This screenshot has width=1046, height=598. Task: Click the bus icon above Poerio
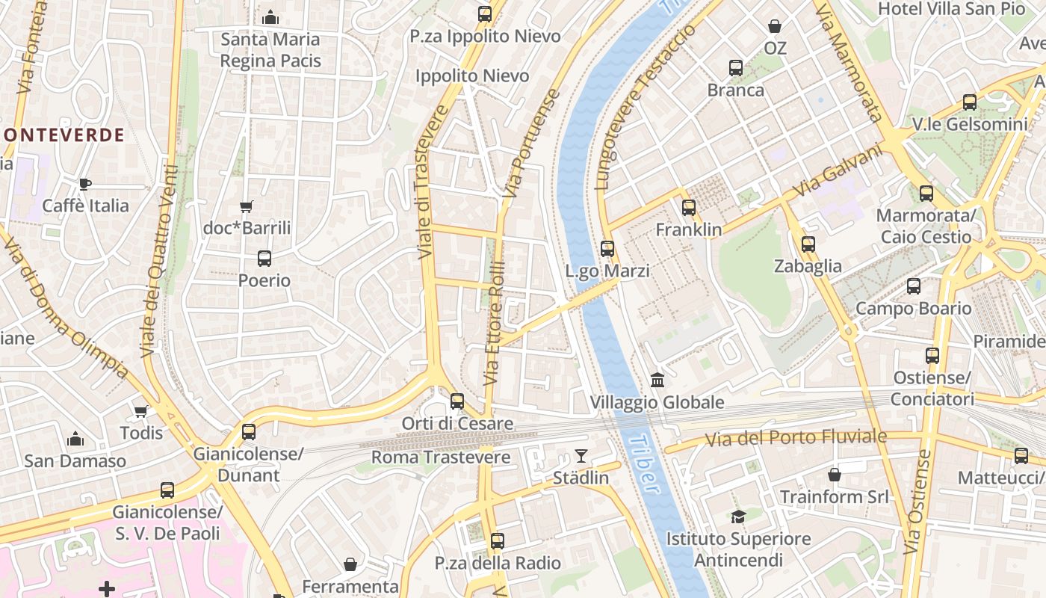point(264,259)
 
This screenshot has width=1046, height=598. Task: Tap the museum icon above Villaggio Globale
point(657,380)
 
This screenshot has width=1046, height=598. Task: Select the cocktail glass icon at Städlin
point(581,455)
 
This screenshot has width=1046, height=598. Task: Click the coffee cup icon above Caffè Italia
point(85,184)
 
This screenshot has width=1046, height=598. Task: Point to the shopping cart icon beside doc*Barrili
point(246,207)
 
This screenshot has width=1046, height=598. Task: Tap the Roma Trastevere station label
point(441,457)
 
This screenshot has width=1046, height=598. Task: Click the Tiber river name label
point(644,465)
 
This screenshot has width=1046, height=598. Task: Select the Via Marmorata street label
point(849,63)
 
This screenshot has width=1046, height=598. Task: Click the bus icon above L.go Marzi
point(607,249)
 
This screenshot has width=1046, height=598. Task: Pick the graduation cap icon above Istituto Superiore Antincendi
point(738,517)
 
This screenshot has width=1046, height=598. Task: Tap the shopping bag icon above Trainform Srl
point(835,475)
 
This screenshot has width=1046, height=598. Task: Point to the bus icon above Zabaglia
point(808,244)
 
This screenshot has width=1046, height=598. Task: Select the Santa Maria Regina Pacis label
point(270,49)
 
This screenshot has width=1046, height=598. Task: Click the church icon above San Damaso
point(75,439)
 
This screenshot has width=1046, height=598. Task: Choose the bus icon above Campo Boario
point(913,286)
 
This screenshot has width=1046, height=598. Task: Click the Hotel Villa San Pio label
point(951,9)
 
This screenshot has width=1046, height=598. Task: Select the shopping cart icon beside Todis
point(140,411)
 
